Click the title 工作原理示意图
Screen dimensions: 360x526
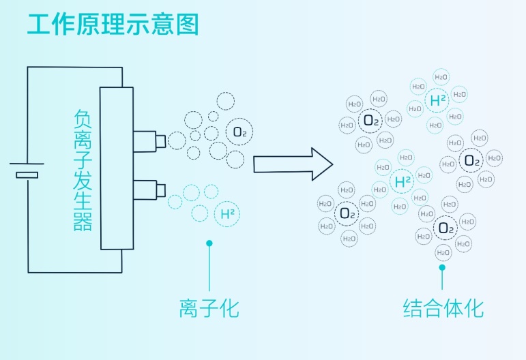coord(113,24)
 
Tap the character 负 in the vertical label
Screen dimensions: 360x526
coord(83,122)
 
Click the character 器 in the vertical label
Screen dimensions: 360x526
coord(83,222)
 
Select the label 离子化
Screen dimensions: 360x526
coord(209,309)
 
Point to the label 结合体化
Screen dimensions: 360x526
coord(443,309)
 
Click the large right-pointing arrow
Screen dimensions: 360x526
coord(293,164)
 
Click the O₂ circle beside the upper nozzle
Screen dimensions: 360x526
coord(239,132)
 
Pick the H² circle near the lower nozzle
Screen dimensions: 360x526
coord(228,213)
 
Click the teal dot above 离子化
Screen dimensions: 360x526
coord(209,243)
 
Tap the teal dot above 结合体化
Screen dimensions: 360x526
coord(443,267)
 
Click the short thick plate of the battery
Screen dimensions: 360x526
coord(27,176)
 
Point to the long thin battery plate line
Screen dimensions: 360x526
coord(27,164)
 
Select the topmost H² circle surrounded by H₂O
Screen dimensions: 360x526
coord(437,101)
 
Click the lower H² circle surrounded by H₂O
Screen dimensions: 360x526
coord(403,181)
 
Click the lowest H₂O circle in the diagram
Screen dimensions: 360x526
coord(443,253)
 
